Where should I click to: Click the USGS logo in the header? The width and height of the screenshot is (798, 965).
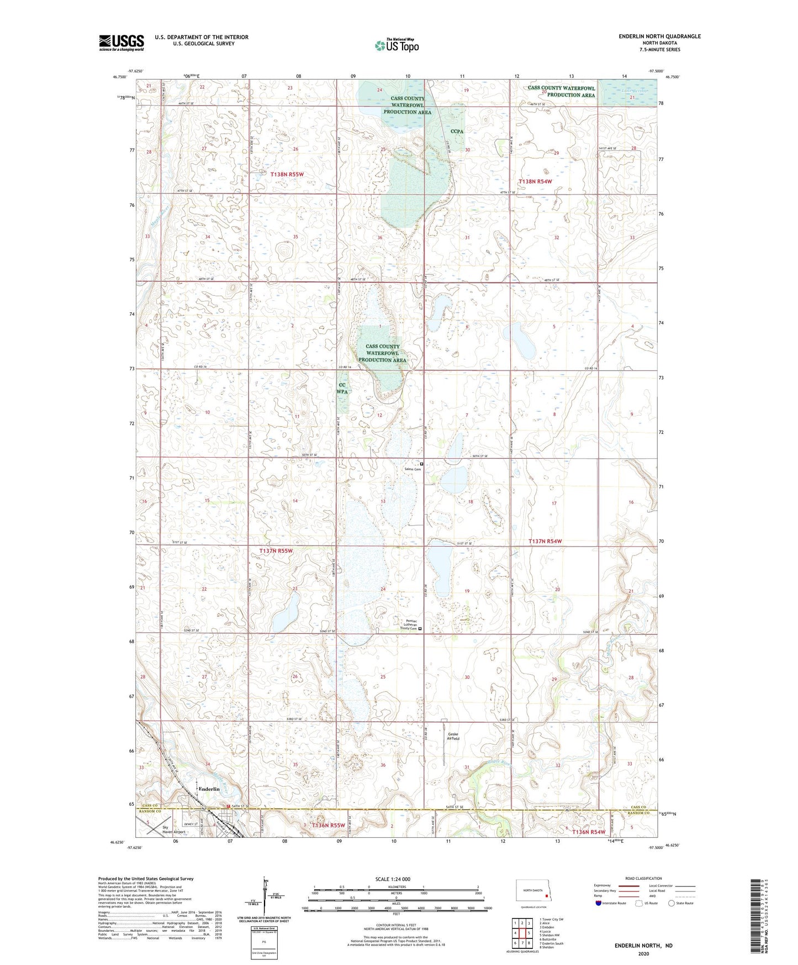(x=121, y=43)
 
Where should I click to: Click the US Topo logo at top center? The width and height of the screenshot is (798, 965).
(x=397, y=45)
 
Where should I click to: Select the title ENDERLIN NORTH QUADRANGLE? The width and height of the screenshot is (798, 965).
(x=659, y=36)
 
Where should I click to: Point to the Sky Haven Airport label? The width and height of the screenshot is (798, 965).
(x=173, y=829)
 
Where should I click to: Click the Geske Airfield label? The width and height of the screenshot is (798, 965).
(x=453, y=736)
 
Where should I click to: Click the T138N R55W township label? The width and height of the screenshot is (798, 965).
(x=287, y=174)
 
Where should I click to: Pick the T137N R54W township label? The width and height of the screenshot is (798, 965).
(x=545, y=541)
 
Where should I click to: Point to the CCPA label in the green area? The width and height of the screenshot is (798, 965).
(x=457, y=132)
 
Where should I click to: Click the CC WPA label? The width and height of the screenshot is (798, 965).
(x=342, y=388)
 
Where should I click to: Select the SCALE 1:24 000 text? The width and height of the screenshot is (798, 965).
(x=393, y=879)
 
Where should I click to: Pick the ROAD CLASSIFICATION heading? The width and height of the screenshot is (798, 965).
(x=643, y=878)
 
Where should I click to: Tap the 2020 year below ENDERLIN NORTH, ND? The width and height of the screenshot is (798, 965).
(x=643, y=953)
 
